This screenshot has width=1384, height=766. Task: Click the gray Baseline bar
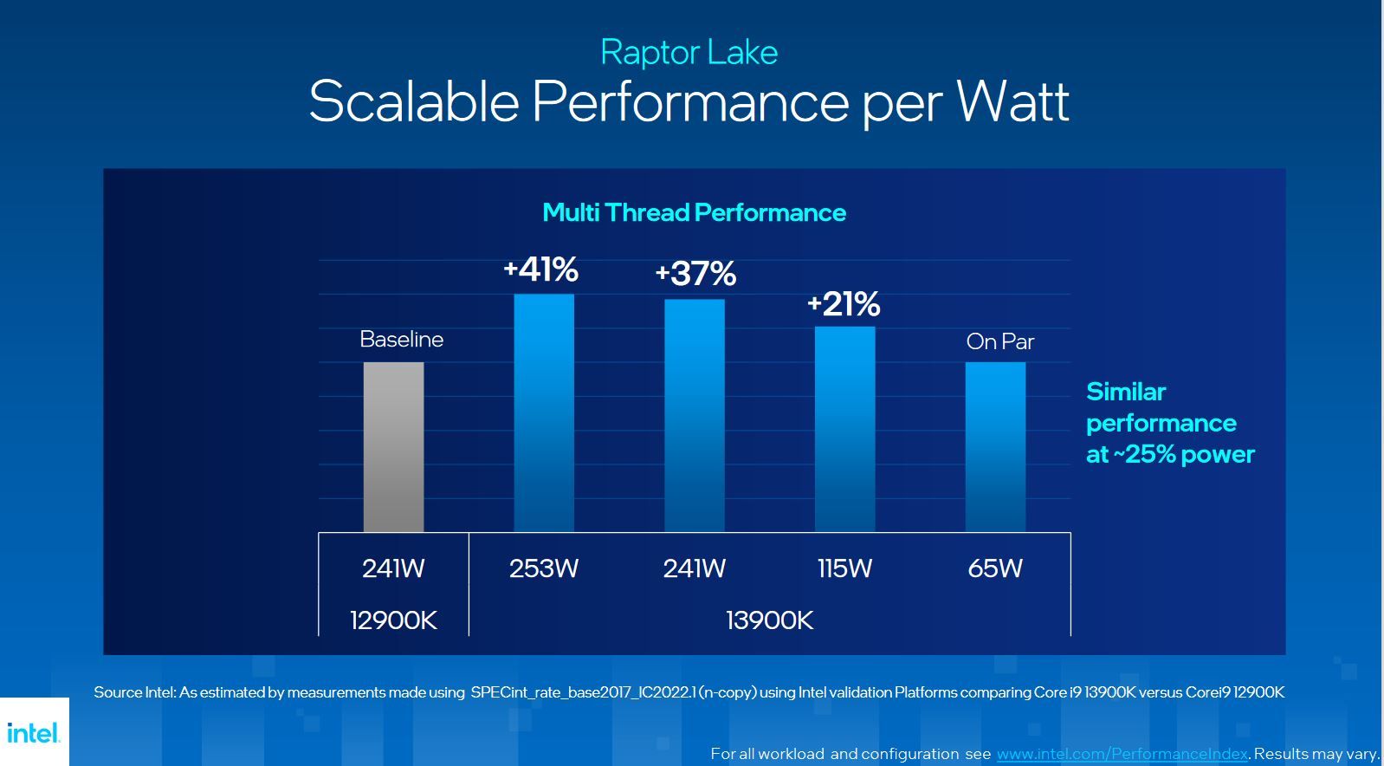(393, 446)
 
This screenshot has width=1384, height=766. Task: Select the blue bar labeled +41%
(544, 412)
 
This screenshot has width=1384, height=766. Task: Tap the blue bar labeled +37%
(695, 415)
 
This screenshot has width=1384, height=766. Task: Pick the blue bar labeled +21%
(844, 429)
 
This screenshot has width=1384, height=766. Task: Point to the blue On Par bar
(995, 446)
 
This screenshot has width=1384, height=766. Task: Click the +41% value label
(541, 269)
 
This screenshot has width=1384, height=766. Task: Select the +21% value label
(844, 304)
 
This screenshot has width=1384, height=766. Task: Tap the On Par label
(999, 341)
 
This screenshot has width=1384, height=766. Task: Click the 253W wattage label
(544, 568)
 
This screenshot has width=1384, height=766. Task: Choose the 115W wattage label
(844, 568)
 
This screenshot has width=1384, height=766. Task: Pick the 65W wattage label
(995, 568)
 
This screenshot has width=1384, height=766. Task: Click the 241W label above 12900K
(393, 568)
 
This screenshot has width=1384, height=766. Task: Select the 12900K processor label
(393, 620)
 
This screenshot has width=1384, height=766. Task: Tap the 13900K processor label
(769, 620)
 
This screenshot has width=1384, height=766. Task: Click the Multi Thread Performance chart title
(694, 212)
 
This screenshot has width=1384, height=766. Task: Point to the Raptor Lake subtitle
(689, 52)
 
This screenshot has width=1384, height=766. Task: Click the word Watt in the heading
(1012, 102)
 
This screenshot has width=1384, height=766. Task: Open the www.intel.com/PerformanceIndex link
(1122, 754)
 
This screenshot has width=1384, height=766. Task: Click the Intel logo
(34, 733)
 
